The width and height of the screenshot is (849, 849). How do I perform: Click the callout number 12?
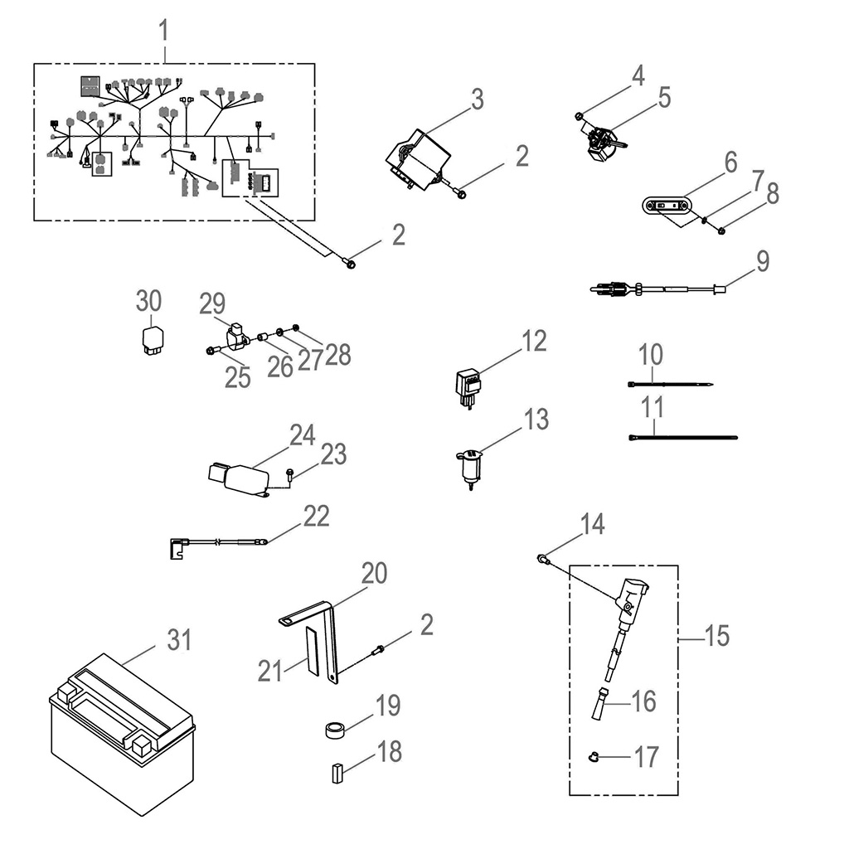534,341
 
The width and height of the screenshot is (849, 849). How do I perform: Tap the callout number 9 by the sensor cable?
761,261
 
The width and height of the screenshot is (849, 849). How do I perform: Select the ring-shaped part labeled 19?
336,731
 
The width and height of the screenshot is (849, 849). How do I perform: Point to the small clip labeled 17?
593,756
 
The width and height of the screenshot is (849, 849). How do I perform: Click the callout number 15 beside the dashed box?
716,636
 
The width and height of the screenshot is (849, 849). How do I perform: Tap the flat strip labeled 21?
313,651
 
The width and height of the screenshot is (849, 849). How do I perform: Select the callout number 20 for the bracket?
373,573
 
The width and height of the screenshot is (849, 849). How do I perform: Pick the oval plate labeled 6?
667,204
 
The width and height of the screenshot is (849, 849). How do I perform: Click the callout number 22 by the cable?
315,517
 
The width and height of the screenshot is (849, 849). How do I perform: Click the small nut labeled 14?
542,560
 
